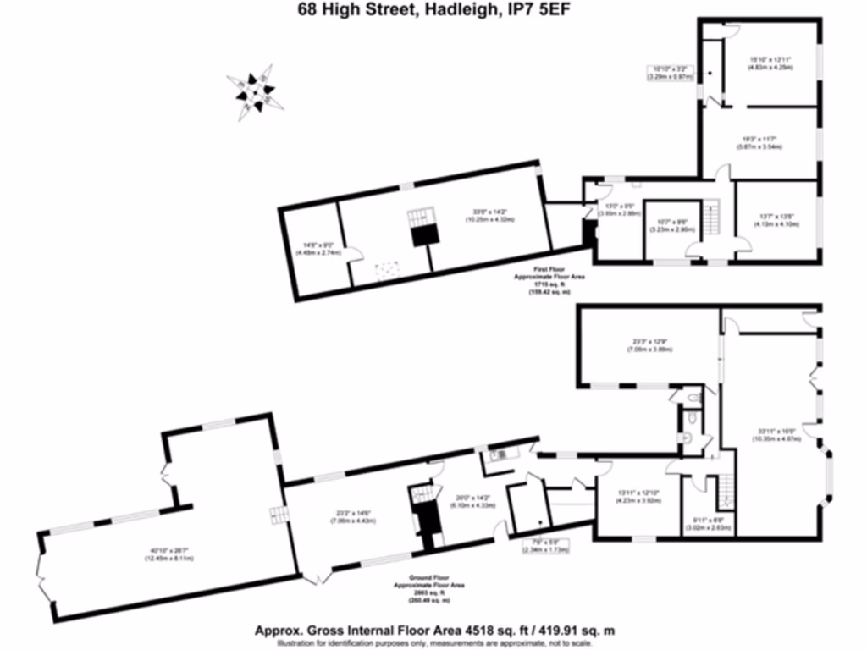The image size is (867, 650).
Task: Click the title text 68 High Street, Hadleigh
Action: tap(433, 9)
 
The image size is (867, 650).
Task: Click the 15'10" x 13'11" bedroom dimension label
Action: tap(770, 63)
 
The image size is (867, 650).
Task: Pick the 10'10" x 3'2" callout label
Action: tap(671, 72)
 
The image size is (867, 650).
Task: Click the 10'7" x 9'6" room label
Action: tap(673, 226)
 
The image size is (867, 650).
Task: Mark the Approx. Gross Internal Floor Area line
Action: tap(434, 631)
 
